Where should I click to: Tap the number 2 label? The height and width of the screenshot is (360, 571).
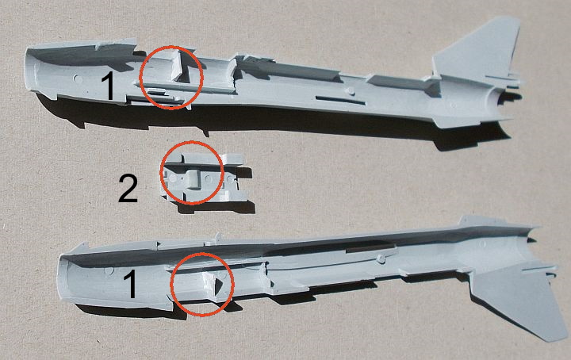tap(128, 189)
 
